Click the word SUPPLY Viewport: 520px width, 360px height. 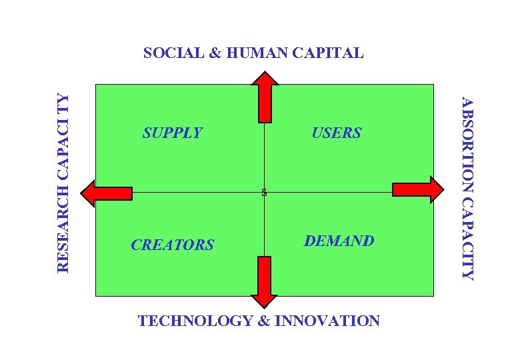point(172,133)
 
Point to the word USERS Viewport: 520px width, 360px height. point(336,133)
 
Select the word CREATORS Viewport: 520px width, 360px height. point(172,245)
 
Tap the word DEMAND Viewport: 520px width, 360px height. point(339,241)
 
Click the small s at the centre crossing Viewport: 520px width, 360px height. point(264,193)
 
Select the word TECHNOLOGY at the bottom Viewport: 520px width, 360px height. point(195,321)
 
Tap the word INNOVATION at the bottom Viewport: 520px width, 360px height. point(327,321)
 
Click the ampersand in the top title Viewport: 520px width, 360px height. point(215,53)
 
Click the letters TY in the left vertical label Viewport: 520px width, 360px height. point(62,101)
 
